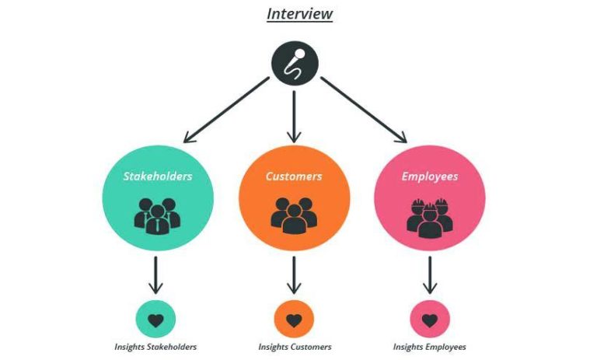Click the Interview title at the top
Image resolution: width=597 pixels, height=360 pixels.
coord(299,14)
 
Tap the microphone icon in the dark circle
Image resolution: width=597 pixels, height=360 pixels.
coord(294,63)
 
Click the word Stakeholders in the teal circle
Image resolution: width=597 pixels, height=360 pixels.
coord(158,176)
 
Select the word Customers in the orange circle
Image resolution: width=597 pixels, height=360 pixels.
coord(294,176)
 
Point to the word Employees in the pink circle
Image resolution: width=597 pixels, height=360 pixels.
coord(430,176)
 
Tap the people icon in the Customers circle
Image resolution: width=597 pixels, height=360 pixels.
coord(294,214)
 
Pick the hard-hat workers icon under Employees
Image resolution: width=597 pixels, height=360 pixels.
coord(430,215)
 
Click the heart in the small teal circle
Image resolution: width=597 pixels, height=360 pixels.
coord(156,320)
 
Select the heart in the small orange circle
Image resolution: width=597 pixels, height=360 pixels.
coord(294,320)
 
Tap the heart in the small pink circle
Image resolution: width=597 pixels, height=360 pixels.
coord(430,320)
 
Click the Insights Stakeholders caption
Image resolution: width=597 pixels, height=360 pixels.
coord(156,347)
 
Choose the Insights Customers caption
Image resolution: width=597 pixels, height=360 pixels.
coord(295,347)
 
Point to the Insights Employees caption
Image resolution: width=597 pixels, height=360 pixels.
coord(430,347)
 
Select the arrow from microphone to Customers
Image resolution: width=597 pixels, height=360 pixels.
coord(294,117)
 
